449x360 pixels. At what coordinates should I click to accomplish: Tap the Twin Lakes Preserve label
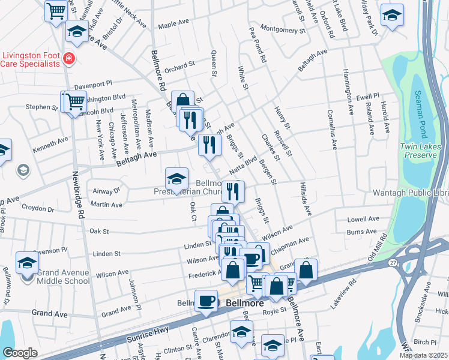(x=420, y=151)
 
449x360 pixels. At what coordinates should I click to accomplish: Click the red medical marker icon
(x=70, y=59)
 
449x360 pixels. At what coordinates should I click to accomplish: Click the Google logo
(x=20, y=353)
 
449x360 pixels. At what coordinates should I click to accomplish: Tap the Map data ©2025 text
(x=423, y=355)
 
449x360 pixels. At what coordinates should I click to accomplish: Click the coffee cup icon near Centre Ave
(x=206, y=301)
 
